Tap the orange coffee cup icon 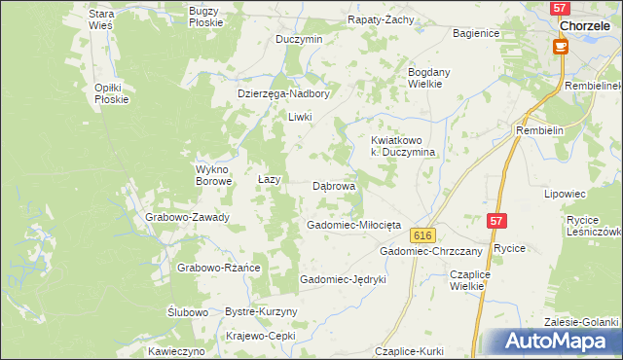(x=560, y=46)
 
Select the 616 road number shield (x=421, y=236)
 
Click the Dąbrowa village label (x=334, y=185)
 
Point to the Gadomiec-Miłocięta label (x=353, y=225)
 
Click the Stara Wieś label (x=101, y=19)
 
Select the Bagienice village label (x=476, y=33)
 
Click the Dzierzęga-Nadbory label (x=284, y=94)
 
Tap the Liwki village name (x=299, y=117)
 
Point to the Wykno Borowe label (x=213, y=174)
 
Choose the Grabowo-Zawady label (x=187, y=217)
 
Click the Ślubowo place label (x=187, y=312)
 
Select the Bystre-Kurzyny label (x=261, y=311)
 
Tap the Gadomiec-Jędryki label (x=344, y=279)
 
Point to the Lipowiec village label (x=569, y=194)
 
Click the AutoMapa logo (x=551, y=342)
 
